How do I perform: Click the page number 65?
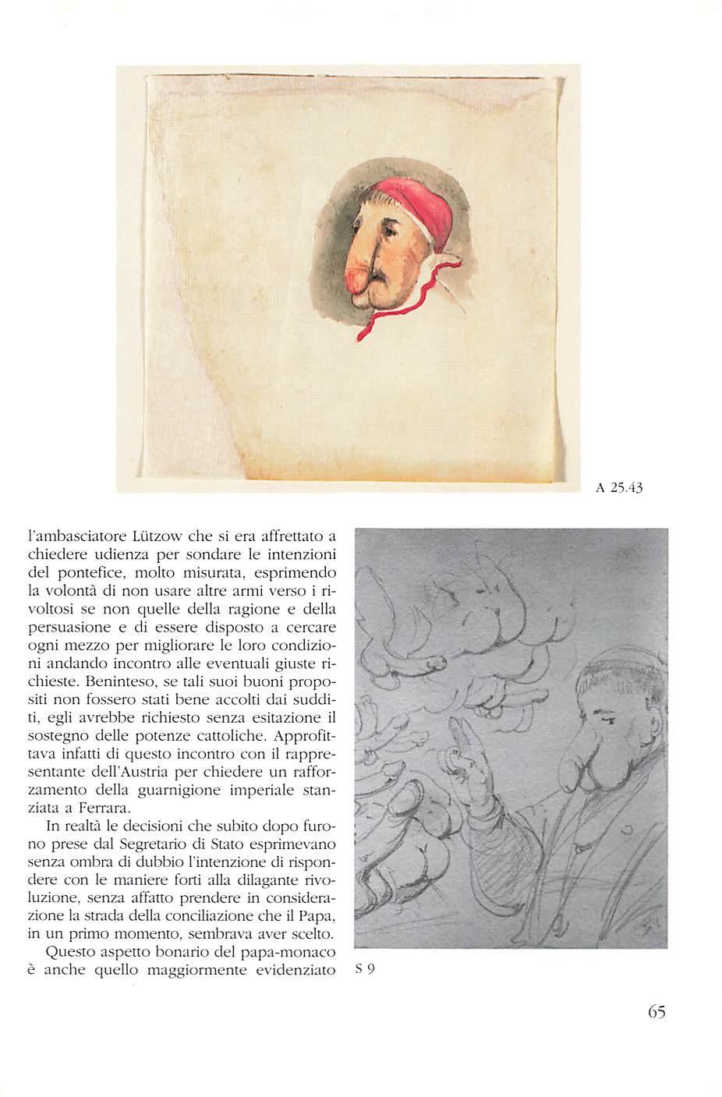(x=656, y=1011)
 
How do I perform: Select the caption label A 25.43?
(x=618, y=488)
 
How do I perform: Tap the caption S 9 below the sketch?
(x=365, y=969)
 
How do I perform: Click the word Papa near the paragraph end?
(x=316, y=915)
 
